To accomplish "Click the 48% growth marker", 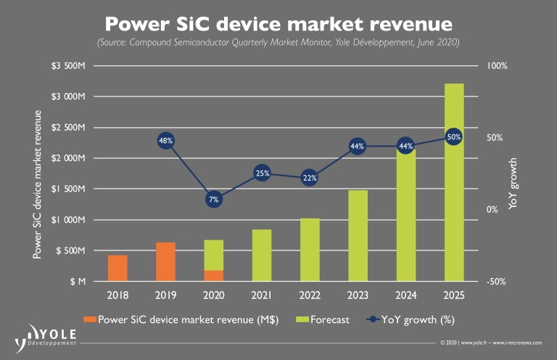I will [x=165, y=141].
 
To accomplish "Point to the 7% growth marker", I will [x=213, y=199].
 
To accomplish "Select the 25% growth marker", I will [x=262, y=173].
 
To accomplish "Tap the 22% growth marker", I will [x=310, y=178].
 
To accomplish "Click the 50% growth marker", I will [x=454, y=136].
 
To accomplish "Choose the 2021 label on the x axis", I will [x=262, y=295].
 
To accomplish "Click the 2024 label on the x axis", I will [x=406, y=295].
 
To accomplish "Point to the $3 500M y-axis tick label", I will [x=67, y=66].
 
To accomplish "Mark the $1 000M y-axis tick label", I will [x=67, y=220].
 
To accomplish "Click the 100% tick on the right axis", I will [x=498, y=66].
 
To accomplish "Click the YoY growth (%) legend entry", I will [x=411, y=319].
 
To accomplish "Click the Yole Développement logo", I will [x=46, y=334].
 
